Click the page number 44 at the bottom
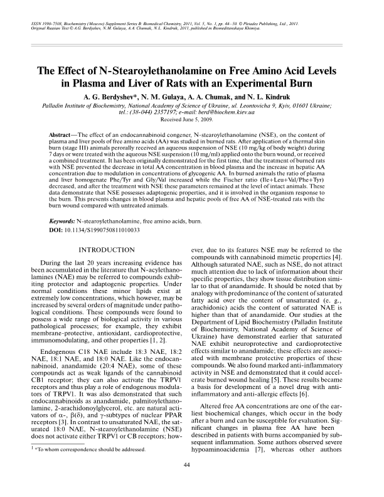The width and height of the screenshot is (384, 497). pos(192,482)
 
